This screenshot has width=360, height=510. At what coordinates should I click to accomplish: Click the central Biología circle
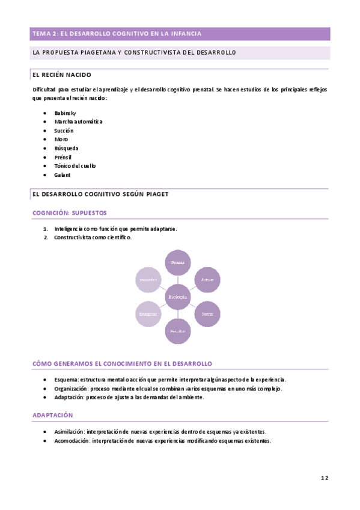(178, 297)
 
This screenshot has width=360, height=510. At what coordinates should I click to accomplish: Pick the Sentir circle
(207, 314)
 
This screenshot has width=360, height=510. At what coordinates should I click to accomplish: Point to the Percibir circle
(178, 331)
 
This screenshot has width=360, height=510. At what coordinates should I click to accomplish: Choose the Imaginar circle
(148, 314)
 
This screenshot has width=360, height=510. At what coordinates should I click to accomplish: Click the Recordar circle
(148, 280)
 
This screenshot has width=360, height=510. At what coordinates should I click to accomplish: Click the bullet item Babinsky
(65, 113)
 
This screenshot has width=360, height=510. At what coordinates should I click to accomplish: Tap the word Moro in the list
(61, 139)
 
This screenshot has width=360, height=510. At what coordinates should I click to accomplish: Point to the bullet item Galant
(62, 174)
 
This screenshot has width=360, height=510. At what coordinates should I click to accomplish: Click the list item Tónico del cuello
(75, 165)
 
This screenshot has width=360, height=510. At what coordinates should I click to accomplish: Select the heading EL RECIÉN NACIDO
(62, 75)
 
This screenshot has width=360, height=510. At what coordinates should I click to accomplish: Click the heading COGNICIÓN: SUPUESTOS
(70, 213)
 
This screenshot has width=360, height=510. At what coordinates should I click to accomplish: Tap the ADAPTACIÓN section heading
(52, 415)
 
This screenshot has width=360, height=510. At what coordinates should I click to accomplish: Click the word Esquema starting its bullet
(66, 379)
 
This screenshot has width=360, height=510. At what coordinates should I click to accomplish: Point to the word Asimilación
(69, 432)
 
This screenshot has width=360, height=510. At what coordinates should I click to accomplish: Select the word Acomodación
(70, 440)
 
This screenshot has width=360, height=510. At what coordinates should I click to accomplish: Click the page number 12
(324, 478)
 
